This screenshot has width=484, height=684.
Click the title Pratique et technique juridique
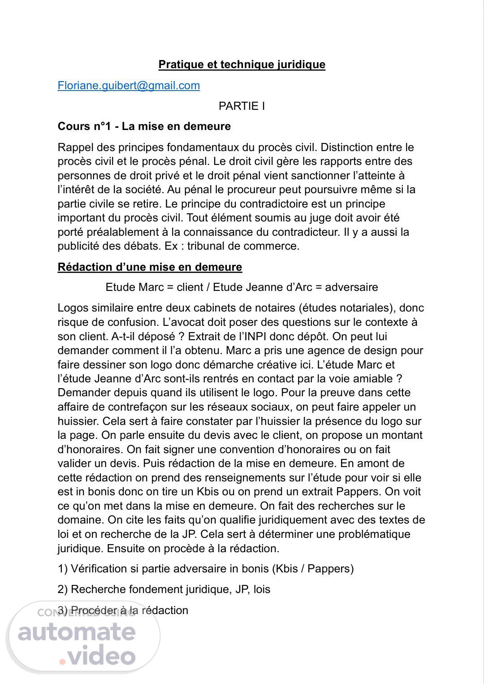242,65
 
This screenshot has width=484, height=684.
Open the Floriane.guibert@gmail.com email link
129,86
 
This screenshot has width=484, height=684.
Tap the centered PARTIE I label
242,106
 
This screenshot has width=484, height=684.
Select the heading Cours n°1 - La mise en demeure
144,126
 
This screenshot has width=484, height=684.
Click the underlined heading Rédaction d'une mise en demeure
150,267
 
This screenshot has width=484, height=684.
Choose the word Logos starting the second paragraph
73,308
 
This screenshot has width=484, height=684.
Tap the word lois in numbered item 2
262,589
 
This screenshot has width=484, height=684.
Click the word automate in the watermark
77,632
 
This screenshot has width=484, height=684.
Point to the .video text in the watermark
98,657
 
